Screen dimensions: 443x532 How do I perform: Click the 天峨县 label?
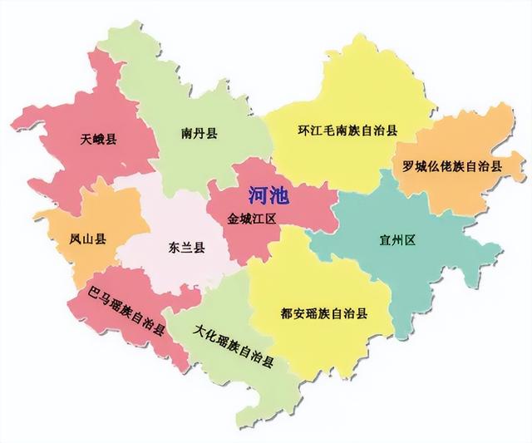(x=99, y=139)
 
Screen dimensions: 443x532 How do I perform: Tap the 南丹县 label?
(x=199, y=133)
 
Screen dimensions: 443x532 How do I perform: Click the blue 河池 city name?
(x=268, y=196)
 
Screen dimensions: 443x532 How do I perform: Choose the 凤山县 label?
(x=87, y=239)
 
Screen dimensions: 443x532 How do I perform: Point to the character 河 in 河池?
(x=259, y=196)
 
